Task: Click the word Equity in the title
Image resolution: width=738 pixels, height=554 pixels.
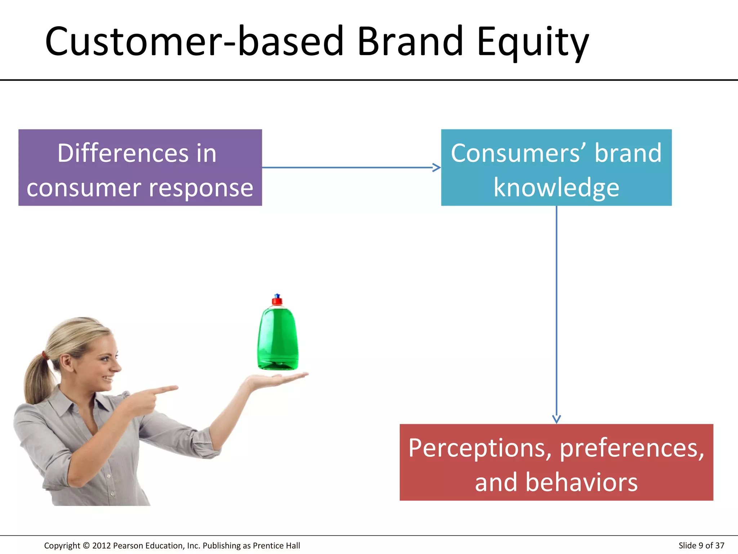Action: click(x=533, y=43)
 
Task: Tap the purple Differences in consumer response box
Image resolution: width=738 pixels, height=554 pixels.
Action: click(x=140, y=167)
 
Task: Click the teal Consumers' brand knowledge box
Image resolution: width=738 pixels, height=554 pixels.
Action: click(x=556, y=167)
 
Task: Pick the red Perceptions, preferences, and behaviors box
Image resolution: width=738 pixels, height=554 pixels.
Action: click(x=556, y=462)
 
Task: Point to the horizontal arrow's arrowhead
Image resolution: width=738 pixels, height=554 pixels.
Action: click(x=437, y=167)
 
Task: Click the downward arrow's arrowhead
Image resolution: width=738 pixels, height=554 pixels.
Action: click(x=556, y=419)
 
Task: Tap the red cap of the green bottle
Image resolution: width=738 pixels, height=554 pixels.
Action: click(x=277, y=300)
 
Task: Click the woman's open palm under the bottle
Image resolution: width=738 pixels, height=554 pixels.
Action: click(x=277, y=379)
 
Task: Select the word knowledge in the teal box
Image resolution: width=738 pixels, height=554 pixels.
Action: click(x=556, y=188)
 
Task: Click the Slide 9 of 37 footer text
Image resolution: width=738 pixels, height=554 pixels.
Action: click(x=701, y=545)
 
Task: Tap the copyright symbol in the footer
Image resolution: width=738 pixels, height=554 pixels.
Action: click(x=86, y=545)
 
